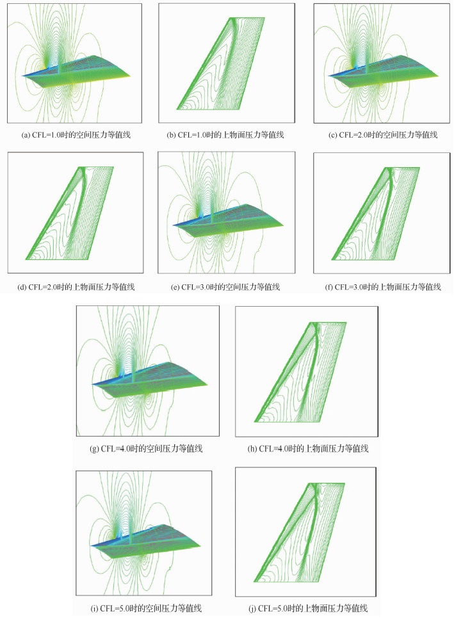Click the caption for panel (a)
(x=76, y=135)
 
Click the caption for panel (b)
(x=225, y=135)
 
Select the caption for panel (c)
(x=383, y=135)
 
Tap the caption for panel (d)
(x=76, y=287)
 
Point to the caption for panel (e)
(x=225, y=287)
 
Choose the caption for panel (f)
(x=383, y=287)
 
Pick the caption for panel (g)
(x=147, y=449)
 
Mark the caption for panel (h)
(x=308, y=449)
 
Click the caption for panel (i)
(x=146, y=608)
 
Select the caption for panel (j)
(x=307, y=608)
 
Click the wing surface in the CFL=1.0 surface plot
(x=220, y=63)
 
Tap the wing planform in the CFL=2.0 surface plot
(x=70, y=213)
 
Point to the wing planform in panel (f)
(x=375, y=214)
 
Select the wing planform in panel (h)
(x=300, y=372)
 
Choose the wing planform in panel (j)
(x=299, y=533)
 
